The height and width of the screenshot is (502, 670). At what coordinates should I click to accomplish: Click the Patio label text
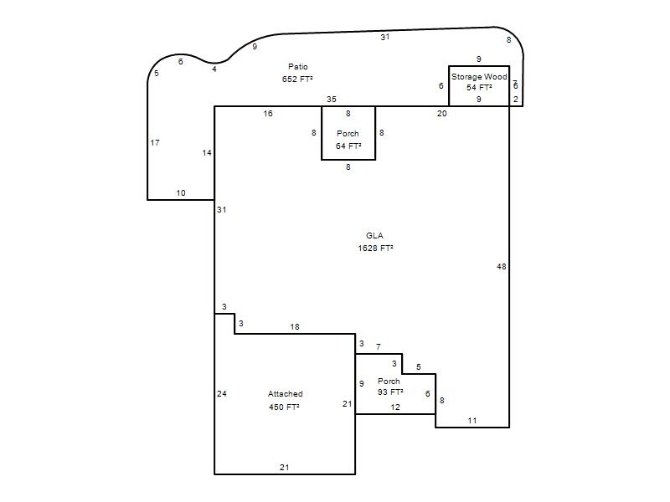coord(298,67)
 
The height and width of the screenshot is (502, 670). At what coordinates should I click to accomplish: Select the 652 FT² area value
coord(297,79)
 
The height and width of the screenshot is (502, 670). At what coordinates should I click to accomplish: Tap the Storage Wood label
coord(479,77)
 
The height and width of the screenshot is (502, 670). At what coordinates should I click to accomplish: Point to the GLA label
coord(374,236)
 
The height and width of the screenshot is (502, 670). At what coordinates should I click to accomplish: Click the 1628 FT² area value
coord(375,248)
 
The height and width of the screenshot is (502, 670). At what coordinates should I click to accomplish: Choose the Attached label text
coord(285,394)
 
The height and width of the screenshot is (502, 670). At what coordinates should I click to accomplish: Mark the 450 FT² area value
coord(284,407)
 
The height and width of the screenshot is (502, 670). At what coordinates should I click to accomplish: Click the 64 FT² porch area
coord(348,146)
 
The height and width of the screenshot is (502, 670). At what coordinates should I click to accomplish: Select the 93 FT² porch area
coord(390,392)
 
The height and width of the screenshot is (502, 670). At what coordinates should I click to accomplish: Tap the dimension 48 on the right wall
coord(502,267)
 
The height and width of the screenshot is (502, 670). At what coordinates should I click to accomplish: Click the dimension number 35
coord(332,100)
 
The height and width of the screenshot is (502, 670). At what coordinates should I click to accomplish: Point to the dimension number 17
coord(155,143)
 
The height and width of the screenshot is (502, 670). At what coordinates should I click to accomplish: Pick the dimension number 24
coord(222,394)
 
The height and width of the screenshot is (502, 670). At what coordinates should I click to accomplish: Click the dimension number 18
coord(295,327)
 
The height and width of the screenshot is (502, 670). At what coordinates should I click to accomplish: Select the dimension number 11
coord(472,421)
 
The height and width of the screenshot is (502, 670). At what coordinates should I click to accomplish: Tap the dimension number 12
coord(395,407)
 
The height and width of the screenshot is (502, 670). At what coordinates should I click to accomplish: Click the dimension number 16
coord(268,114)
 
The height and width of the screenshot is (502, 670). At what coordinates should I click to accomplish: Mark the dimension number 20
coord(442,114)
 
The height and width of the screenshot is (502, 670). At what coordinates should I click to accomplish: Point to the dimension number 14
coord(207,153)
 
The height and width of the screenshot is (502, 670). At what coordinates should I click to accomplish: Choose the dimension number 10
coord(181,193)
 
